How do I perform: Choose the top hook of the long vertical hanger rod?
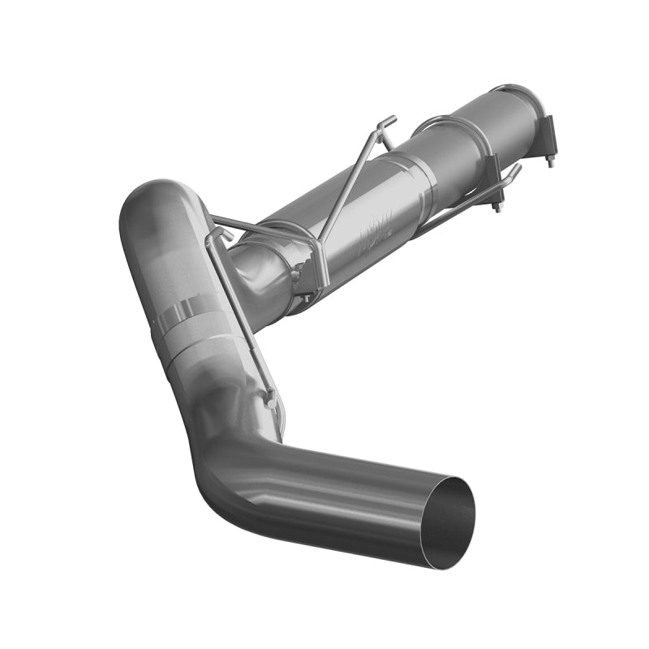214,234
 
